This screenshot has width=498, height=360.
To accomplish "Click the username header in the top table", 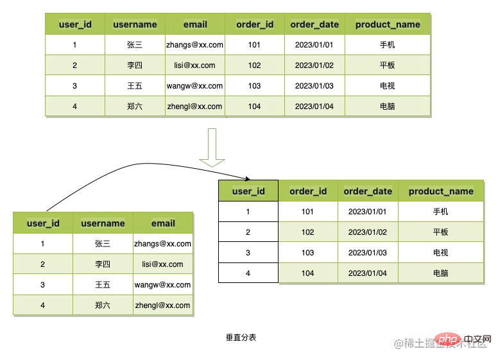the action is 135,24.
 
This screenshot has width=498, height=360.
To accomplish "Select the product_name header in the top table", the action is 388,24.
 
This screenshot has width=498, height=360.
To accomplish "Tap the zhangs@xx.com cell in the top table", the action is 194,45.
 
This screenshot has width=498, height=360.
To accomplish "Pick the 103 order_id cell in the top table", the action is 254,86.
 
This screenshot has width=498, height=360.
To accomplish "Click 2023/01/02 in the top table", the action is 314,65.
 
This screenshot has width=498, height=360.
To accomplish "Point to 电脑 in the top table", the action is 388,107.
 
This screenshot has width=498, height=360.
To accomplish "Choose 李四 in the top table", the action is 135,65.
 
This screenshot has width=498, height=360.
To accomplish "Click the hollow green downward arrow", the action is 212,148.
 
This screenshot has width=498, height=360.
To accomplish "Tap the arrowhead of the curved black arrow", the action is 248,179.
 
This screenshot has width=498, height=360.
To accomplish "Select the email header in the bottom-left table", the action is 163,223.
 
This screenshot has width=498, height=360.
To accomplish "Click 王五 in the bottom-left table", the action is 103,285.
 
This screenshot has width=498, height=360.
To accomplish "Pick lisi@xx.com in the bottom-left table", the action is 162,264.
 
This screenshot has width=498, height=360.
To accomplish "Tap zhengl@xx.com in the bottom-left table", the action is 162,305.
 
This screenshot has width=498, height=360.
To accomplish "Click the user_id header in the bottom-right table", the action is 248,191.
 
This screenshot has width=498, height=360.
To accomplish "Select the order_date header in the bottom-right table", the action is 368,191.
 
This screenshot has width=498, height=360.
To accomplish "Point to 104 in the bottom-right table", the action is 308,273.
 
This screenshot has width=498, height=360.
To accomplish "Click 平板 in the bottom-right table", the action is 441,232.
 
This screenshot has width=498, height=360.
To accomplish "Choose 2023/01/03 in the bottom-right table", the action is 368,253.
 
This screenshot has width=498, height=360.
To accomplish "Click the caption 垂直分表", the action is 241,338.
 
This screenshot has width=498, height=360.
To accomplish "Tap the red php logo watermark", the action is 449,339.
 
